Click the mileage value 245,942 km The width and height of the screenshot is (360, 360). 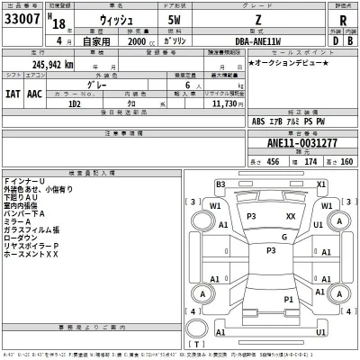(x=42, y=64)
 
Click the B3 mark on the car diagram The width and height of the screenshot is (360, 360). (x=220, y=184)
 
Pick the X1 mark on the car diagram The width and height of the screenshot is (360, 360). (x=320, y=184)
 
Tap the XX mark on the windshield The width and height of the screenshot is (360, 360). (x=291, y=217)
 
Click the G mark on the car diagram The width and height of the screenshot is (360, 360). (x=283, y=237)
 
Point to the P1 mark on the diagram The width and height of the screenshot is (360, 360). (x=289, y=298)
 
